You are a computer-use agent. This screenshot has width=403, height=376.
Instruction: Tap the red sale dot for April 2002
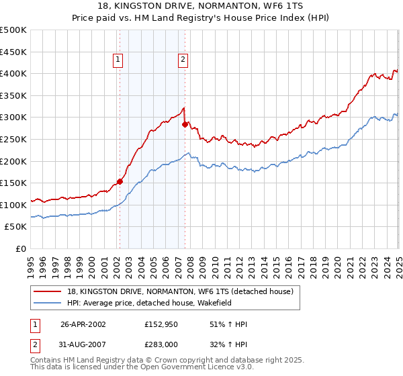tap(120, 181)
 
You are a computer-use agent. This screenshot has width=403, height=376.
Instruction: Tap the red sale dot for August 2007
tap(185, 124)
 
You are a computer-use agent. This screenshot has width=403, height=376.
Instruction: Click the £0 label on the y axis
tap(21, 248)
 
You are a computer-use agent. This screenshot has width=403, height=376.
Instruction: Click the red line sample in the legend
tap(48, 292)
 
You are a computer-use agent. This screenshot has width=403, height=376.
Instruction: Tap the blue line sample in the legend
tap(48, 303)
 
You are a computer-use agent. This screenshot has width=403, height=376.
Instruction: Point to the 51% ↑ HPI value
tap(215, 324)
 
